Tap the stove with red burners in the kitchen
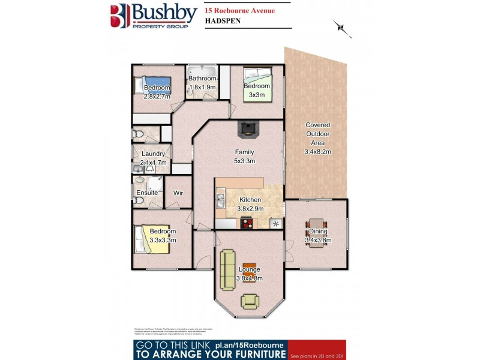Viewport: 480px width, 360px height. click(x=247, y=223)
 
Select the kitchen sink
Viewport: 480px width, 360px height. click(x=220, y=200)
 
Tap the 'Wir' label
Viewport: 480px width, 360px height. click(x=178, y=193)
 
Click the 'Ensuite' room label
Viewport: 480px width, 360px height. click(x=147, y=193)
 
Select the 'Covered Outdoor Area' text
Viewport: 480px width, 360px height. click(x=317, y=134)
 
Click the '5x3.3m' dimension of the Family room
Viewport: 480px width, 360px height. click(x=244, y=161)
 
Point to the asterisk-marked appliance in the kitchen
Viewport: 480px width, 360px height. click(x=275, y=223)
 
